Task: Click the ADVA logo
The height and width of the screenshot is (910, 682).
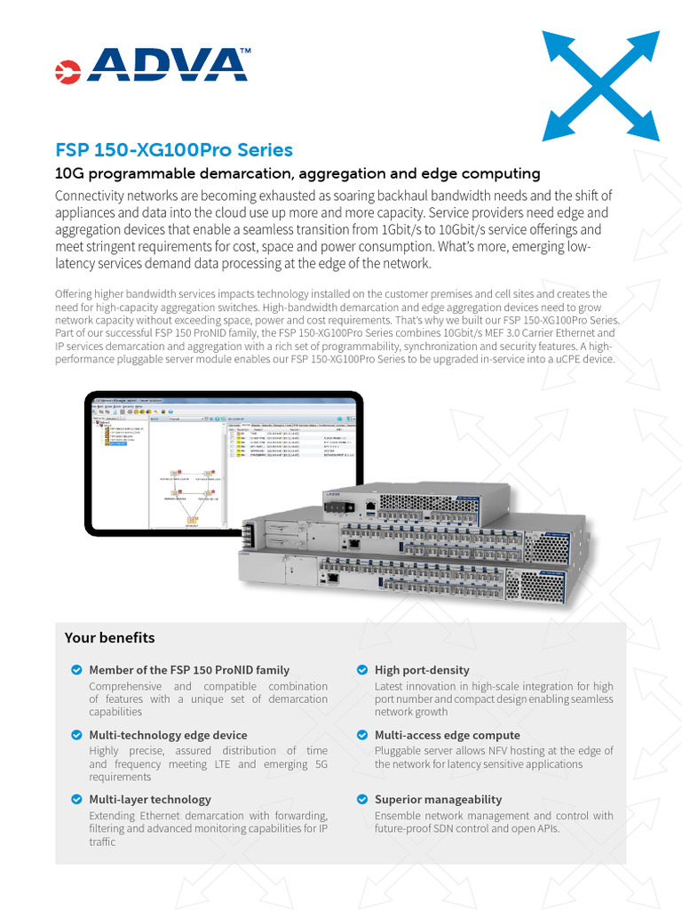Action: click(152, 64)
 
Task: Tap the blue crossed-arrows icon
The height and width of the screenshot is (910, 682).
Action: click(601, 85)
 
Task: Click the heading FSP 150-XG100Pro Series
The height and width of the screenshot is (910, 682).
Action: click(173, 150)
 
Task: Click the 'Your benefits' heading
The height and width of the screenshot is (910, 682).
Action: click(109, 638)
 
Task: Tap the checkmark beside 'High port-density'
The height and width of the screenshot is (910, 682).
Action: click(362, 669)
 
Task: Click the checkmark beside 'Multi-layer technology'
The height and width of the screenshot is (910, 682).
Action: click(76, 799)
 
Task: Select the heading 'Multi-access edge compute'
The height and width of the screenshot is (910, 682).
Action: click(447, 735)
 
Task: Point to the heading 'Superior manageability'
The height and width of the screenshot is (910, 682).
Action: click(438, 799)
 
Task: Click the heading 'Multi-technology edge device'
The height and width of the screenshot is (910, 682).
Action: click(168, 735)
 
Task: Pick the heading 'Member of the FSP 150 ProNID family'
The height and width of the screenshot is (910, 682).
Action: click(189, 669)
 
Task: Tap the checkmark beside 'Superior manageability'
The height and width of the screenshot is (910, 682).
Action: click(362, 799)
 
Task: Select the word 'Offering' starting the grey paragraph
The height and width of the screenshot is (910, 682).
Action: click(75, 293)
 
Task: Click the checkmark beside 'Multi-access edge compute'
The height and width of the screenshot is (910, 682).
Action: click(362, 735)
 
